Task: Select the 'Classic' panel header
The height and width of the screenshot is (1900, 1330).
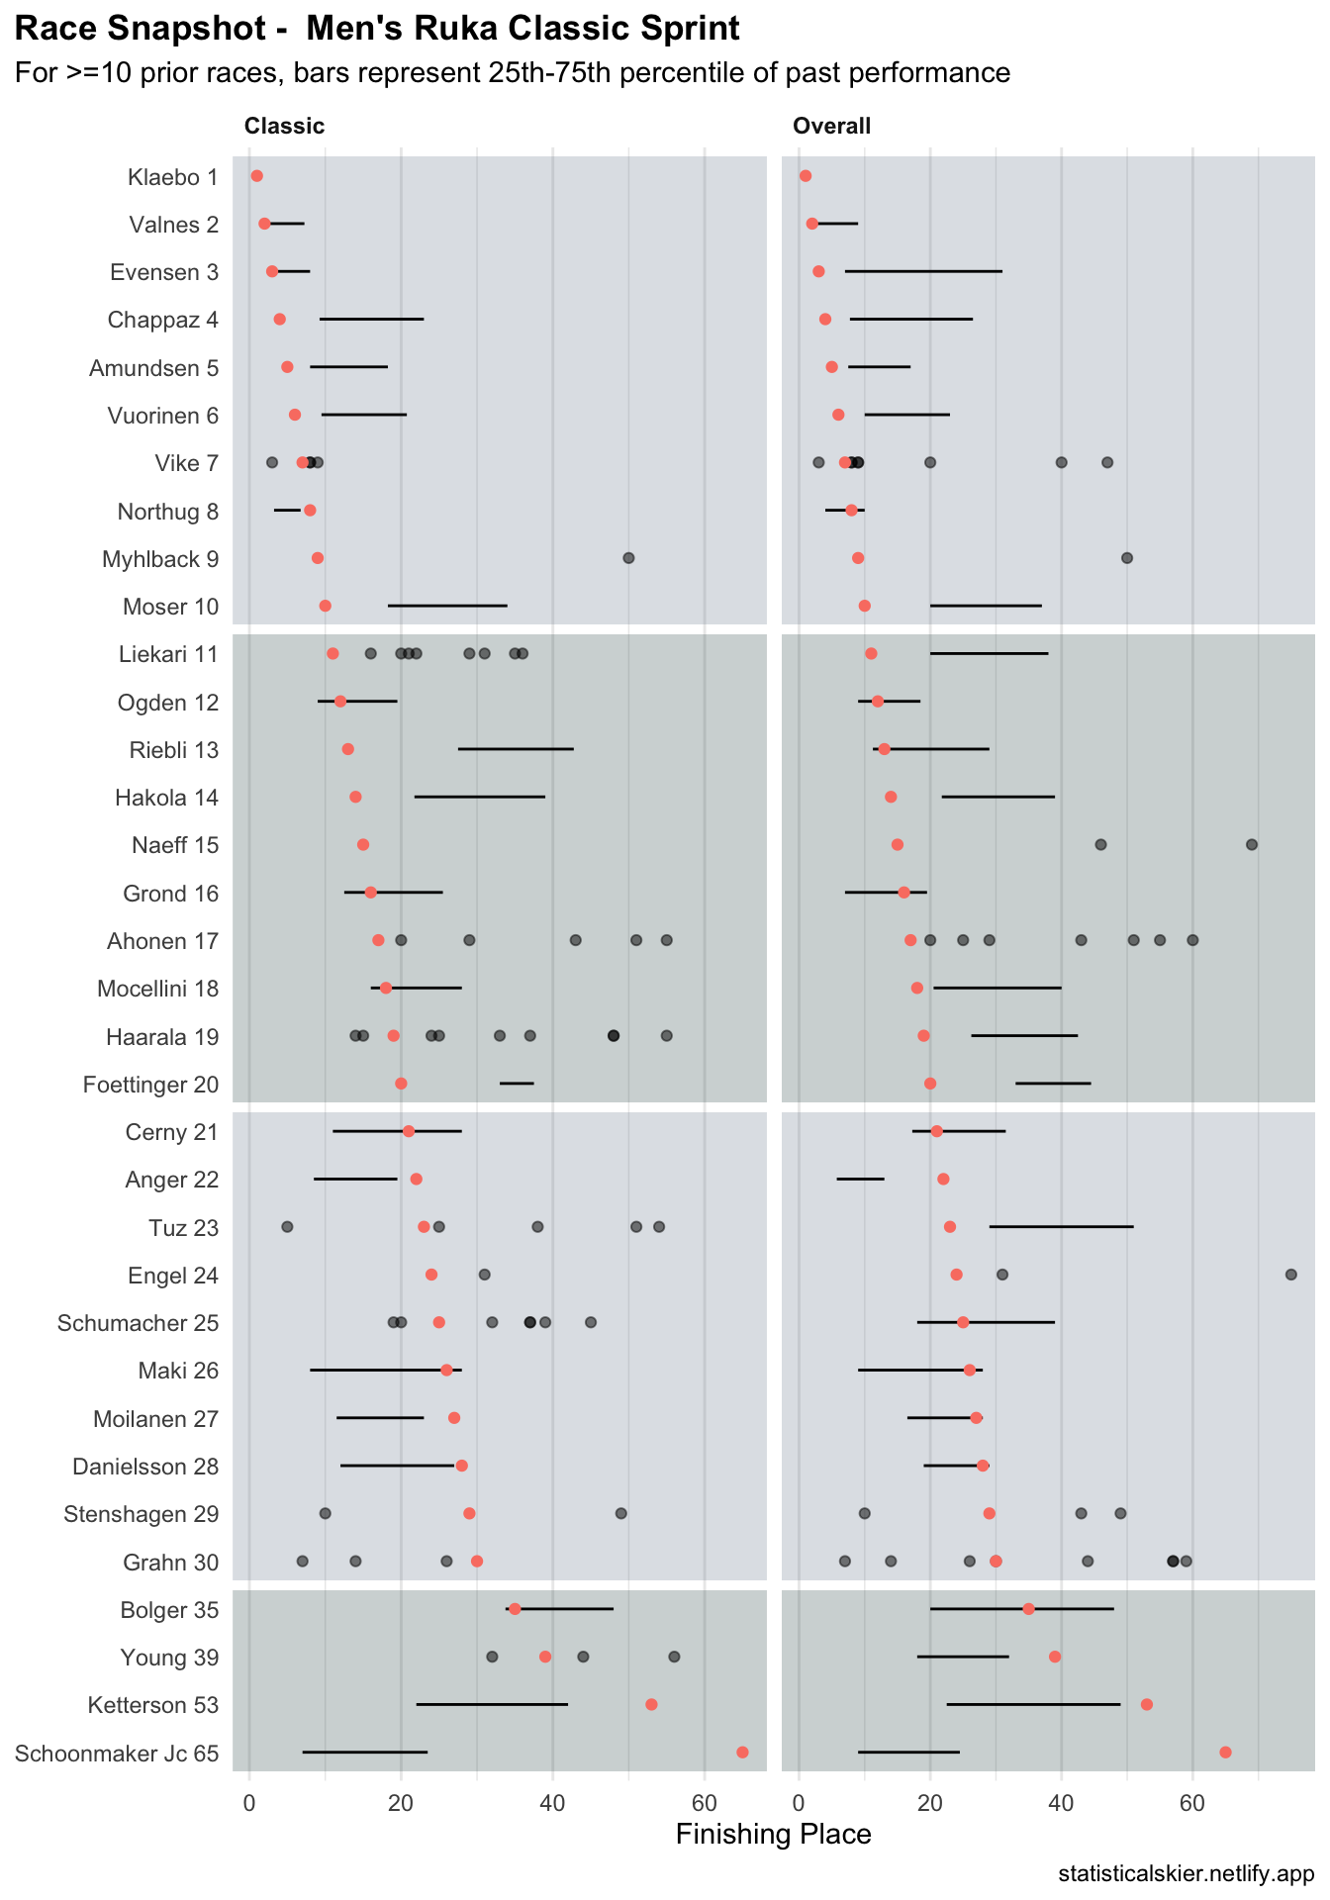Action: (x=284, y=126)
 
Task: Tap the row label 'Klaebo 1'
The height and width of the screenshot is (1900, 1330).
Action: (x=173, y=177)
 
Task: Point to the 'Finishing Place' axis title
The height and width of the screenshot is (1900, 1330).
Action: (x=773, y=1835)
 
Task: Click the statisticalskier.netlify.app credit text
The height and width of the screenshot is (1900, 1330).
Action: (x=1186, y=1874)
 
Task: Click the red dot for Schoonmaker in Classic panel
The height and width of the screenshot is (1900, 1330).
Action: (x=742, y=1753)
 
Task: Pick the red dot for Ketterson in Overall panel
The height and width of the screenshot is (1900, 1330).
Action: (x=1146, y=1704)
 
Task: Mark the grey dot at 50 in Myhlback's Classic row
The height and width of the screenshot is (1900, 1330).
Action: (x=628, y=558)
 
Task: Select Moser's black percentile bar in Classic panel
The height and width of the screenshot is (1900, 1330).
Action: (x=447, y=605)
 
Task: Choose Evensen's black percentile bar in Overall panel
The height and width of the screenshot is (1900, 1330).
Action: (x=923, y=271)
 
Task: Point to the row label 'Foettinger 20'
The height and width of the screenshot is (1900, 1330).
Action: (x=151, y=1085)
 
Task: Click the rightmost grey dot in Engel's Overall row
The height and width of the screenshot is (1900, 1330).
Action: (x=1290, y=1275)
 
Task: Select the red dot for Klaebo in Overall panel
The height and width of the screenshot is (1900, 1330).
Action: (x=806, y=176)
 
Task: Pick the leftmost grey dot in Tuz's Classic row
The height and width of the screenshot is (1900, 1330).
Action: (x=287, y=1227)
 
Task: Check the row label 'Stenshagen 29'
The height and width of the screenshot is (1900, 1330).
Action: (x=141, y=1514)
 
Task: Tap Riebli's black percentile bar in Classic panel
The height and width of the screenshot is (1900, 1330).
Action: (x=516, y=749)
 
